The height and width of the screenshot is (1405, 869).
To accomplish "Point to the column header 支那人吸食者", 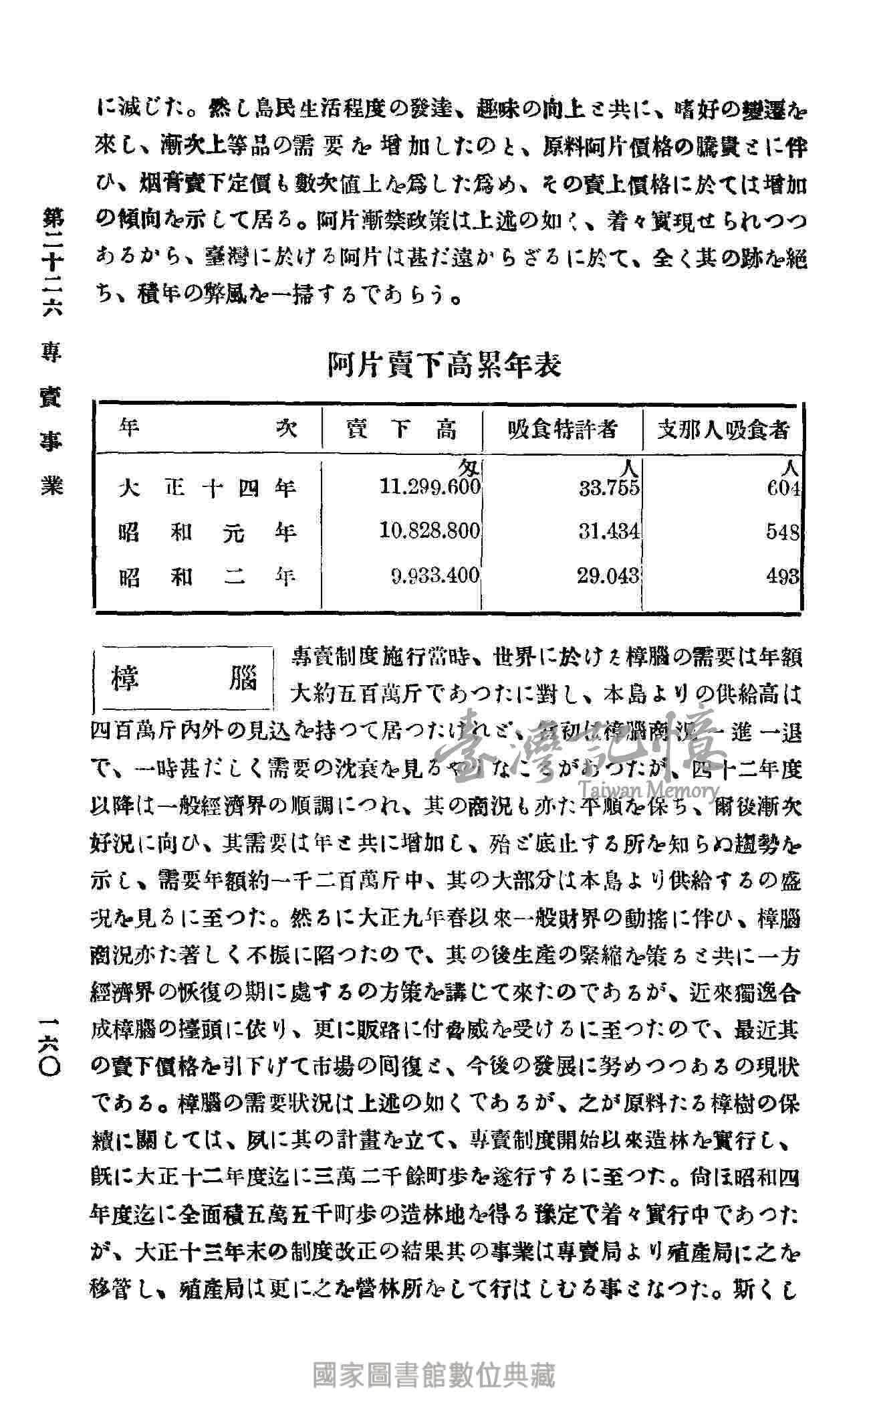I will (723, 429).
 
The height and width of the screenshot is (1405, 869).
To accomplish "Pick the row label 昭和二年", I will (207, 576).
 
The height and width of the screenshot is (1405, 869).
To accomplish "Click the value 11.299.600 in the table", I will (430, 487).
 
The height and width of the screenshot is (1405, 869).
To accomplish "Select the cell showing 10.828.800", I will (430, 531).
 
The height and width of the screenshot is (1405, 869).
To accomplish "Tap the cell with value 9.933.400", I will (434, 575).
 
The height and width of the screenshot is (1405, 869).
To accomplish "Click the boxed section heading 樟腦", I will (184, 680).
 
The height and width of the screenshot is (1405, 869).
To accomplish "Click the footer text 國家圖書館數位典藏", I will (434, 1376).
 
